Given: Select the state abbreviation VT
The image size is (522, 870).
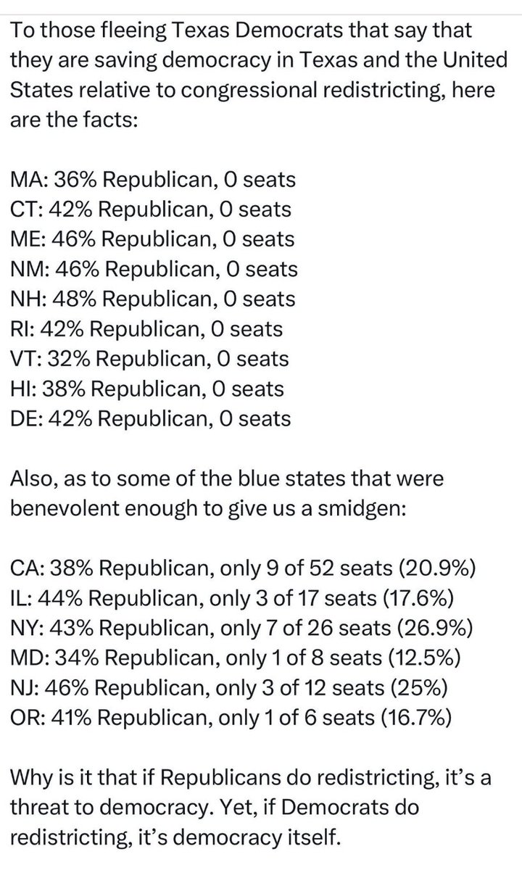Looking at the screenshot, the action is pos(25,359).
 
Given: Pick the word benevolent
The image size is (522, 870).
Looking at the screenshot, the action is pos(65,508).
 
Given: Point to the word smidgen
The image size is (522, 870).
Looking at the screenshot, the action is pos(360,509).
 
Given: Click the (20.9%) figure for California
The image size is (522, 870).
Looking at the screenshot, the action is pos(437,568).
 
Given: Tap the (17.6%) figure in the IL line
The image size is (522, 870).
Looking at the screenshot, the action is pos(418,599).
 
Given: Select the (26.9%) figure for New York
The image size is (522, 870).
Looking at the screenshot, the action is pos(435,629).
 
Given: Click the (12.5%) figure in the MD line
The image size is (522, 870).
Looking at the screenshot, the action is pos(426,658).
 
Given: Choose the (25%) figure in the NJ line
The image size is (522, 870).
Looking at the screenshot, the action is pos(419,688).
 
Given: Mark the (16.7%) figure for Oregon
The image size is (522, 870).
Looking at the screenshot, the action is pos(416,718).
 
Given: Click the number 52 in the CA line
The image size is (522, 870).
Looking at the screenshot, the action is pos(322,568).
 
